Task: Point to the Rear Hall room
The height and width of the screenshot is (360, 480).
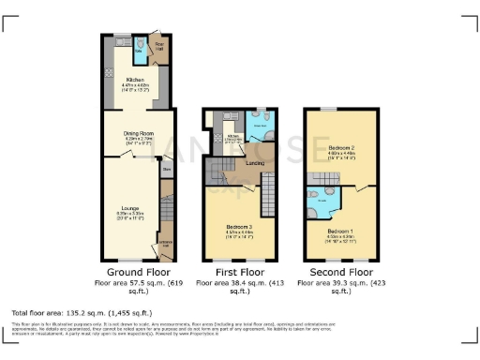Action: coord(160,45)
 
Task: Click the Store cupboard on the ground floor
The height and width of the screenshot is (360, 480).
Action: coord(166,170)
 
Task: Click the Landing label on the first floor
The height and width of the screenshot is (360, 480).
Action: coord(253,162)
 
